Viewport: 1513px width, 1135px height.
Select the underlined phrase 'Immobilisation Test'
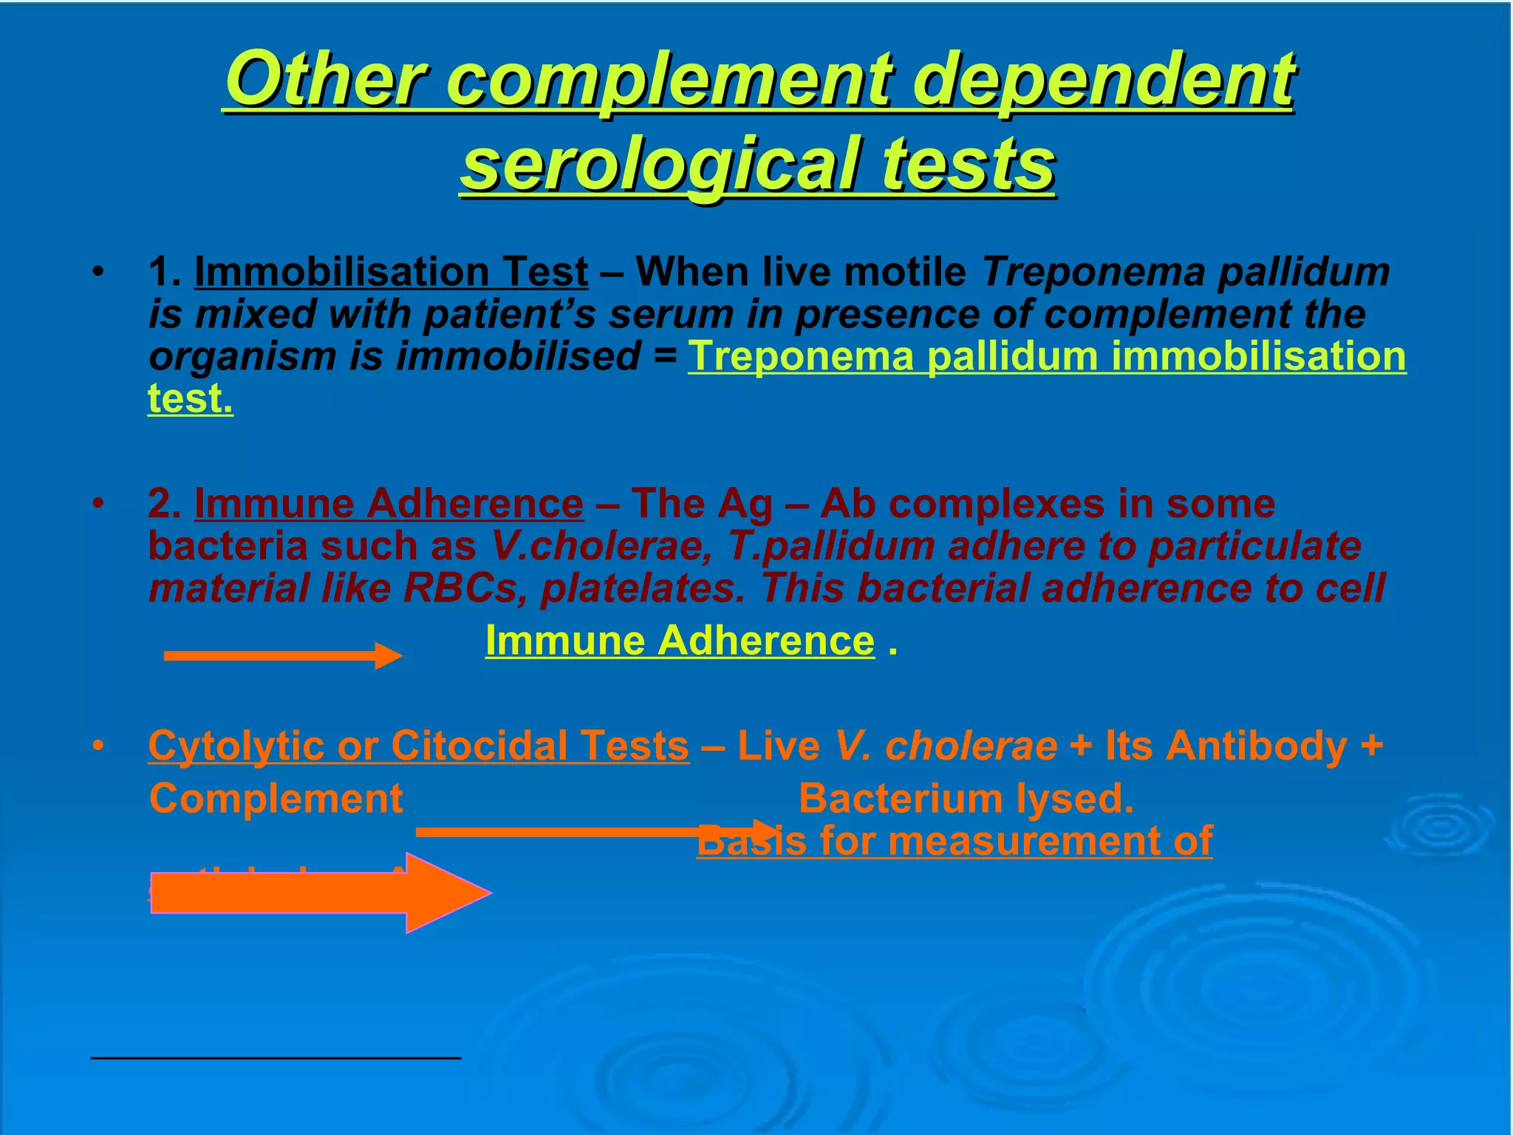pyautogui.click(x=391, y=272)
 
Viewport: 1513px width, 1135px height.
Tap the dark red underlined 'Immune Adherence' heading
pyautogui.click(x=389, y=504)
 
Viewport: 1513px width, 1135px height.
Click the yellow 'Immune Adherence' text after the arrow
pyautogui.click(x=680, y=640)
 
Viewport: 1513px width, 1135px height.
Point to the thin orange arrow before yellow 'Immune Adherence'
pyautogui.click(x=281, y=655)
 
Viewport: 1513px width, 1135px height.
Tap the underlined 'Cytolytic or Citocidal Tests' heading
pyautogui.click(x=418, y=746)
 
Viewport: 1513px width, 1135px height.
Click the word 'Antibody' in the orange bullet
pyautogui.click(x=1257, y=746)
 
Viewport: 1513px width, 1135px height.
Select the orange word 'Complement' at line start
pyautogui.click(x=276, y=799)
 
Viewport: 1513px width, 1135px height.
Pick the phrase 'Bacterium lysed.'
pyautogui.click(x=966, y=799)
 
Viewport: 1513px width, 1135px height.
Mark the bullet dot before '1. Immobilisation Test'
pyautogui.click(x=96, y=273)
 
